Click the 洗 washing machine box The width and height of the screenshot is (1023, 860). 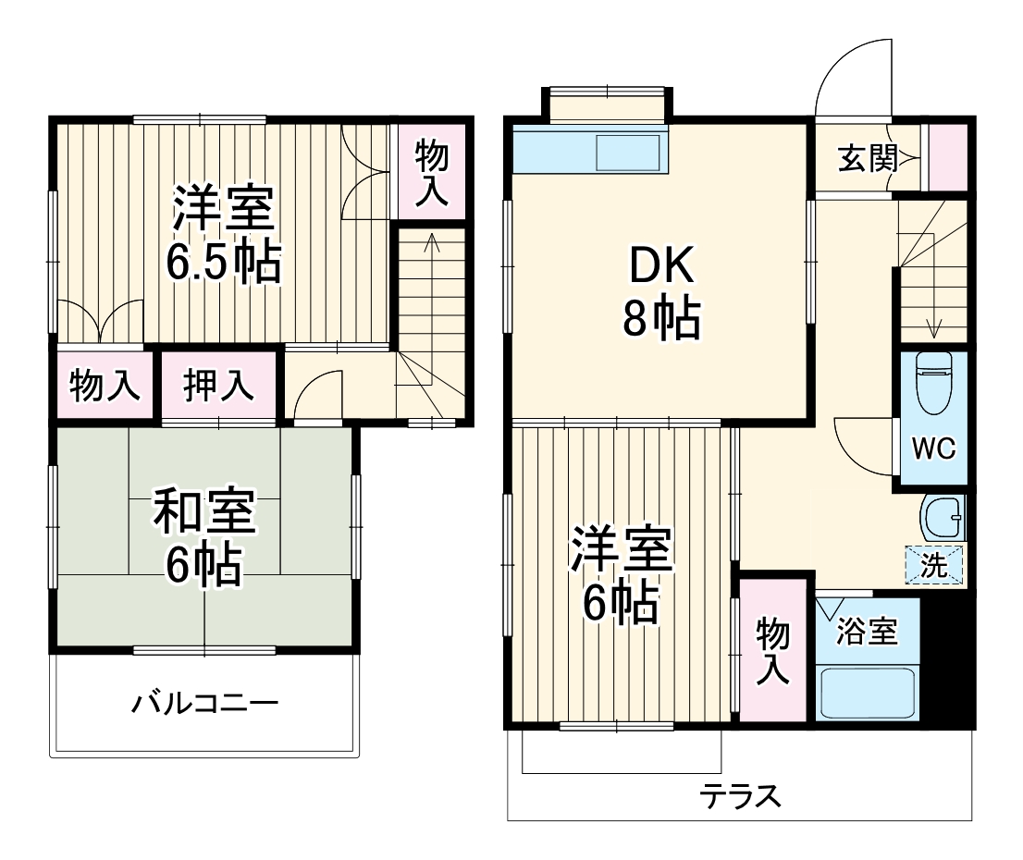pos(934,565)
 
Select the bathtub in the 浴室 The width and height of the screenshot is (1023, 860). pos(868,693)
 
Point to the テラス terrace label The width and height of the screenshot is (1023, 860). pos(740,795)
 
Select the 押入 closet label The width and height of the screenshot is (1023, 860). pos(218,386)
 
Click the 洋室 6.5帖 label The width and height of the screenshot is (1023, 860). pos(223,236)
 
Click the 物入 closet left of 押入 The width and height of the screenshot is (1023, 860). pos(105,386)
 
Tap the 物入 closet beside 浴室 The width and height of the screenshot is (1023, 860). pos(773,652)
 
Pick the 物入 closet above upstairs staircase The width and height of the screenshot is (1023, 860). pos(430,173)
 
